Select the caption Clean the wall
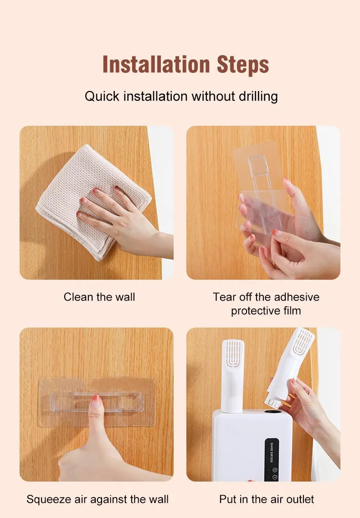tap(99, 297)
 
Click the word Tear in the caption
tap(222, 297)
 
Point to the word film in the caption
tap(291, 311)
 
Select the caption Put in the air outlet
tap(267, 499)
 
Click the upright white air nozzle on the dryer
tap(233, 378)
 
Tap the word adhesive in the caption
tap(293, 297)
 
